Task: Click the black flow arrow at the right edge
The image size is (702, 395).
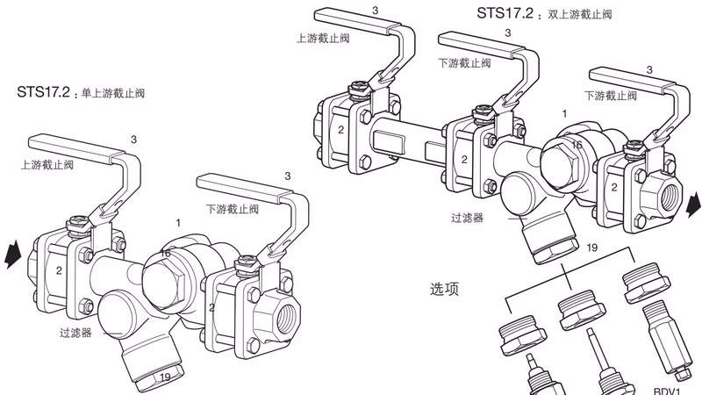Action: pyautogui.click(x=692, y=205)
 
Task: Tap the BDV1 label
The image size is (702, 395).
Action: pyautogui.click(x=669, y=384)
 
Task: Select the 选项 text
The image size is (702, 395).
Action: pyautogui.click(x=445, y=289)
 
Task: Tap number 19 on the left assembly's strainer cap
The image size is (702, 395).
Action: pyautogui.click(x=164, y=377)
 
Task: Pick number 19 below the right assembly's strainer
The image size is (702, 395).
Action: pyautogui.click(x=591, y=249)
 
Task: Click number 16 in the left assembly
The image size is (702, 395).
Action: pyautogui.click(x=165, y=254)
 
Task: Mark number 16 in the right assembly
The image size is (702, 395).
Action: pyautogui.click(x=577, y=144)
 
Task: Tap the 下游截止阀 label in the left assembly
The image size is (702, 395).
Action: pyautogui.click(x=233, y=209)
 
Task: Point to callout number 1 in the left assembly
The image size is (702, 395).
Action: pyautogui.click(x=178, y=223)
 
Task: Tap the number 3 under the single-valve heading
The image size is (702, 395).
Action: pyautogui.click(x=133, y=139)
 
